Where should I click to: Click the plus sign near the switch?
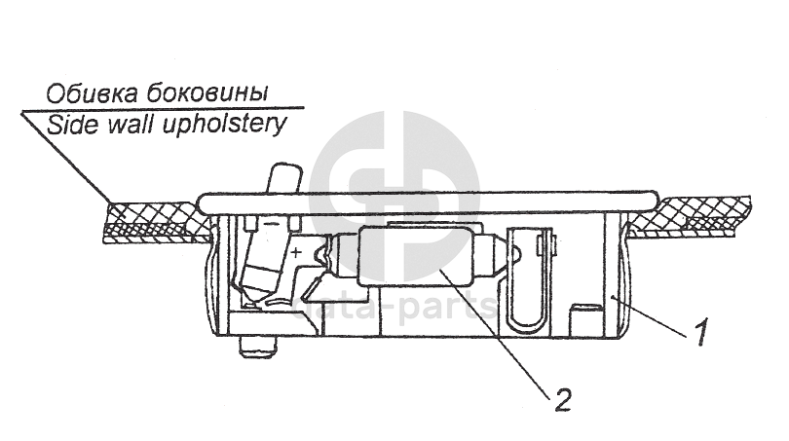click(296, 250)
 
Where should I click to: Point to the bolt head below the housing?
click(257, 346)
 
